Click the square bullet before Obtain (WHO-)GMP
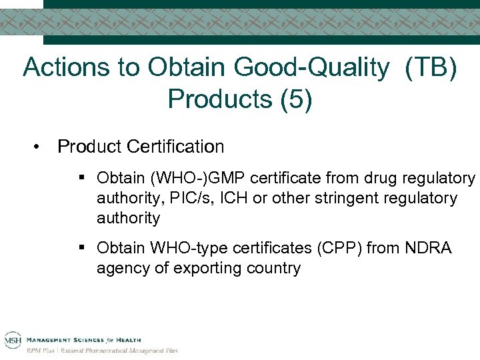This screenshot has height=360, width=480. click(x=81, y=178)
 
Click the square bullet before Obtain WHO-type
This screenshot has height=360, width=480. click(x=81, y=249)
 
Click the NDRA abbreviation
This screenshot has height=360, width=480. click(x=430, y=249)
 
